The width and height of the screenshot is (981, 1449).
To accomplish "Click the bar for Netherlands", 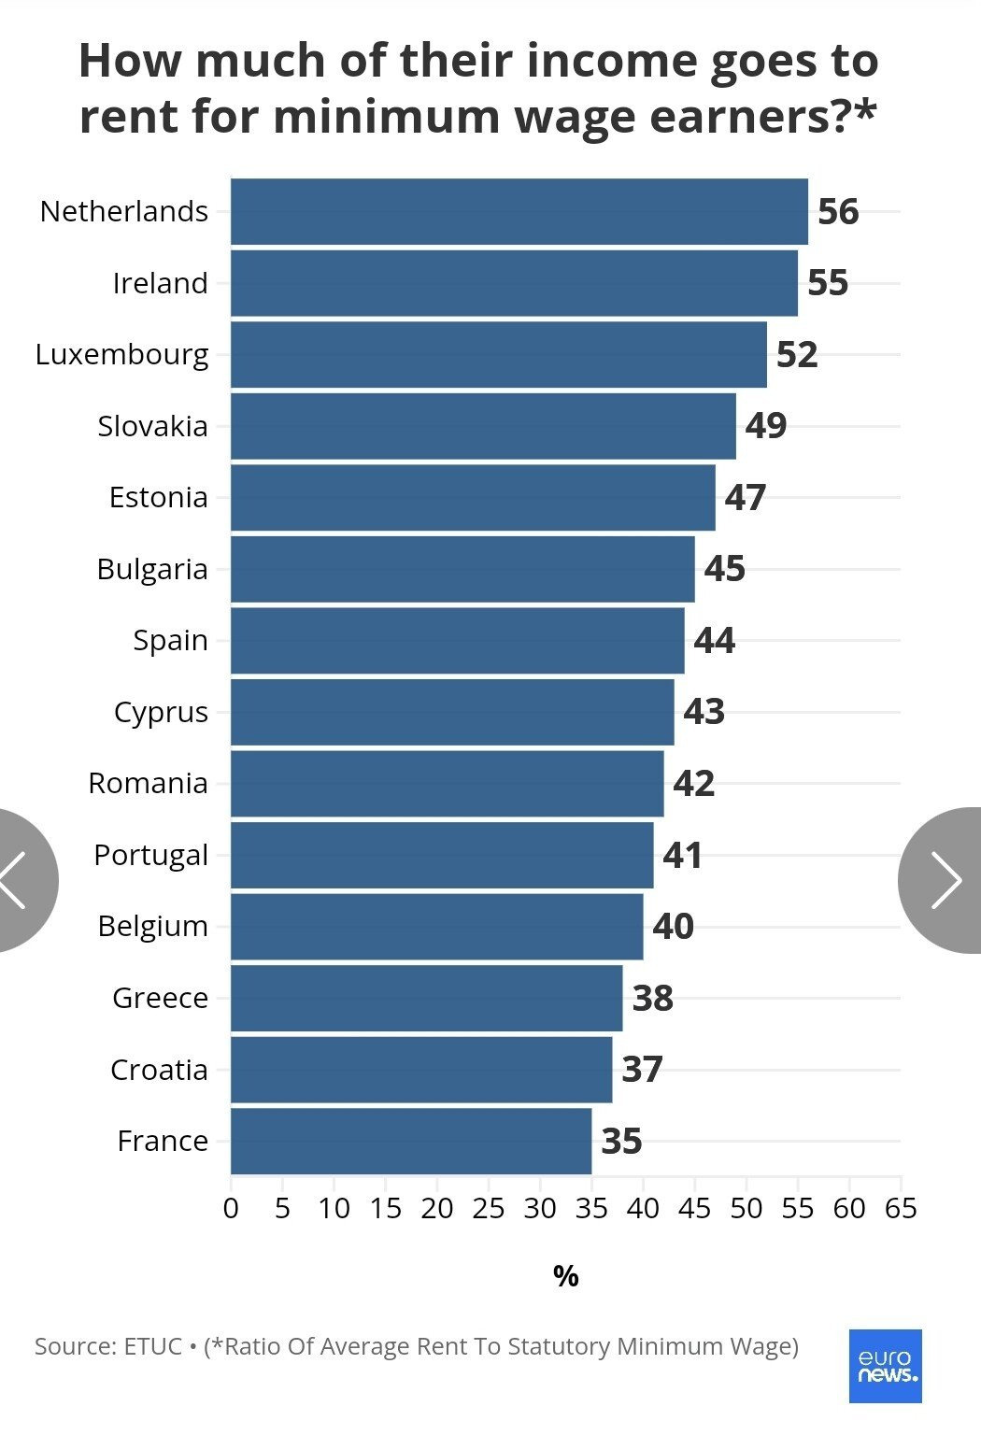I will (x=519, y=211).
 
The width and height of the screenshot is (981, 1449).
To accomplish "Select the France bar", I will (x=411, y=1141).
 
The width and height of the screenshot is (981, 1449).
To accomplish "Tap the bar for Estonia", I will (x=473, y=497).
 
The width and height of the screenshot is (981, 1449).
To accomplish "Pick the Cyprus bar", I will (x=452, y=712).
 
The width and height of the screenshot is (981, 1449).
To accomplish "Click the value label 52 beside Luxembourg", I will (x=797, y=355).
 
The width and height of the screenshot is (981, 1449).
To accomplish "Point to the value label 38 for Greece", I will (x=652, y=999).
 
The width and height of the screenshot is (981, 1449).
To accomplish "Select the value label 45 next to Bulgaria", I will (x=724, y=569).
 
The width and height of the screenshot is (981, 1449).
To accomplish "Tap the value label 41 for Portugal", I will (x=682, y=856).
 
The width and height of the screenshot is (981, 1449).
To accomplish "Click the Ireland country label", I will (x=160, y=283).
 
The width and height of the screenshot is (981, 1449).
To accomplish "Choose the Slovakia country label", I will (x=152, y=426).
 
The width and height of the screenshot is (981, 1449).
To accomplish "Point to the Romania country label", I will (x=148, y=783).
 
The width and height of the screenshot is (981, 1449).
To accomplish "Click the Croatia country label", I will (x=159, y=1070).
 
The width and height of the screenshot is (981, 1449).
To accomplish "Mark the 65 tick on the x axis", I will (x=901, y=1209).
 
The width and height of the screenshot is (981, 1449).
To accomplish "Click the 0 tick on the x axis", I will (x=231, y=1209).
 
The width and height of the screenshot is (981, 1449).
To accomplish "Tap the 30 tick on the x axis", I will (x=540, y=1209).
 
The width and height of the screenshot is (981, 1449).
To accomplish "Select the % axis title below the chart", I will (x=565, y=1276).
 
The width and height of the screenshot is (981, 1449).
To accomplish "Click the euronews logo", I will (x=885, y=1366).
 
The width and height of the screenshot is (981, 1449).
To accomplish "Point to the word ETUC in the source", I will (x=152, y=1346).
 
